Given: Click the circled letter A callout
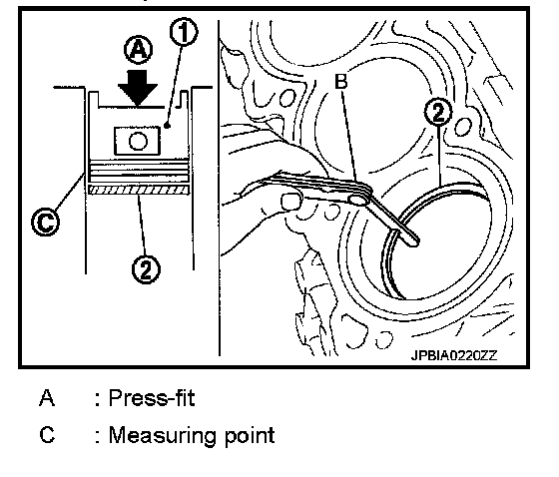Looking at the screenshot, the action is [x=139, y=50].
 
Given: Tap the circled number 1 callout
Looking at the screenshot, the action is [x=184, y=32].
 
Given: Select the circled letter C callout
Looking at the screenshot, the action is [x=46, y=222].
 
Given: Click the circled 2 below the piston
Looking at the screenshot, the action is [x=146, y=269].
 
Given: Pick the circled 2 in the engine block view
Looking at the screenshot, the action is [x=438, y=112].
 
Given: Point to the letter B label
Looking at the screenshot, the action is [x=341, y=82].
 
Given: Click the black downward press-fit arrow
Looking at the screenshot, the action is [x=138, y=88].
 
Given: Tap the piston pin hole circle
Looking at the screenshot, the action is [x=138, y=141].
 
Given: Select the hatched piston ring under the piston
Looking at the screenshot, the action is [x=139, y=190].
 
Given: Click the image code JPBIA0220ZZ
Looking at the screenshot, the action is [x=454, y=355].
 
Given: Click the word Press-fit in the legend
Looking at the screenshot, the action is [x=152, y=398].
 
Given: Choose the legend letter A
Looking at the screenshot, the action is [x=47, y=398].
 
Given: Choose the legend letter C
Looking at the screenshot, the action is [x=47, y=435].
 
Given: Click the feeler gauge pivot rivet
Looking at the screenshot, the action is [x=357, y=200].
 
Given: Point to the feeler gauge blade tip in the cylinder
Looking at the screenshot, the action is [x=413, y=240].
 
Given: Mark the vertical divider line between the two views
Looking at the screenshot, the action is [x=219, y=188].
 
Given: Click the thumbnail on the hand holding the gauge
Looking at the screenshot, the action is [x=291, y=202].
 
